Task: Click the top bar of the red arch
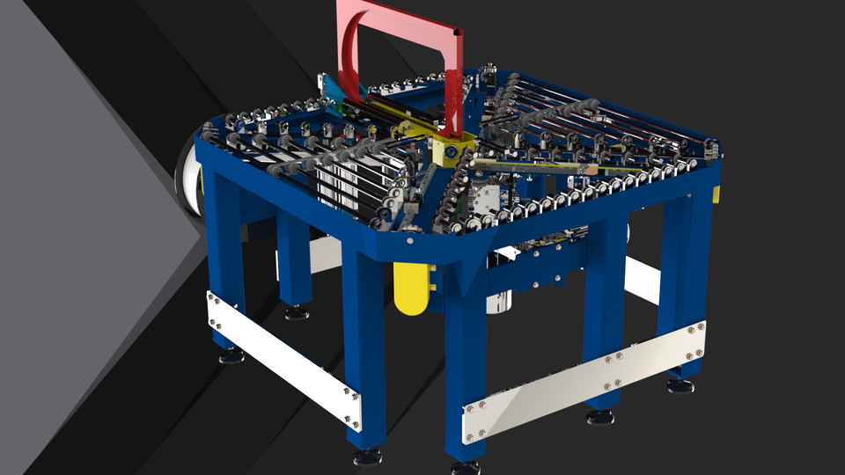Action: coord(400,16)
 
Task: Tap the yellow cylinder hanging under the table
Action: coord(409,289)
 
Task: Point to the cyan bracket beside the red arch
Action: coord(332,88)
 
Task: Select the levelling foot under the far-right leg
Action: coord(680,385)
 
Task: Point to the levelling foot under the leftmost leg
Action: coord(231,355)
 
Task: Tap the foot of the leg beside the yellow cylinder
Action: coord(367,456)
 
